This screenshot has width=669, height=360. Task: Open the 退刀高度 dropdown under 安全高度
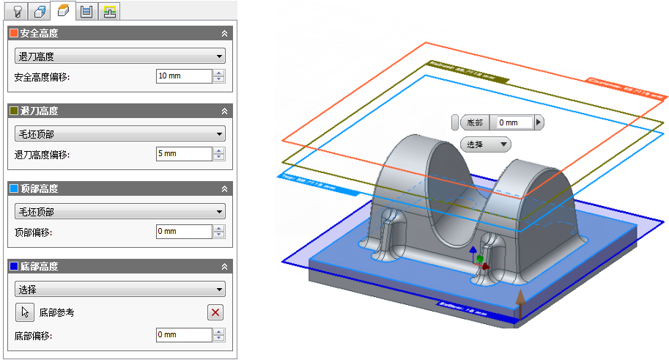tap(119, 56)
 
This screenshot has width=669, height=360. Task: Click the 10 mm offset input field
tap(183, 76)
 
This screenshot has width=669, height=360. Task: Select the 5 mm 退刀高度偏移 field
tap(183, 154)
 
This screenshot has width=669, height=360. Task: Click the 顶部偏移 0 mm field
tap(183, 232)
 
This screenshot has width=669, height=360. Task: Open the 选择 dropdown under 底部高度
tap(119, 290)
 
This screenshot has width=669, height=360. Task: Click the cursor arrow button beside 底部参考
tap(25, 312)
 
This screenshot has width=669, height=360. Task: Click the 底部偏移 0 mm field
tap(183, 335)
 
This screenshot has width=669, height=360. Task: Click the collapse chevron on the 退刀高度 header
tap(224, 111)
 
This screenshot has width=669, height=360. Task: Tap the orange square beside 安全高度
tap(13, 33)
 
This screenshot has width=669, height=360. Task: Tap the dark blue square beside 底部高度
tap(13, 266)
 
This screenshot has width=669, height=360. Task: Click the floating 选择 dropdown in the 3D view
tap(485, 144)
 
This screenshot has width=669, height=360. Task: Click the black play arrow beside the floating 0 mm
tap(539, 122)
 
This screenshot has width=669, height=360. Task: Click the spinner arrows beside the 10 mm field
tap(219, 76)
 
